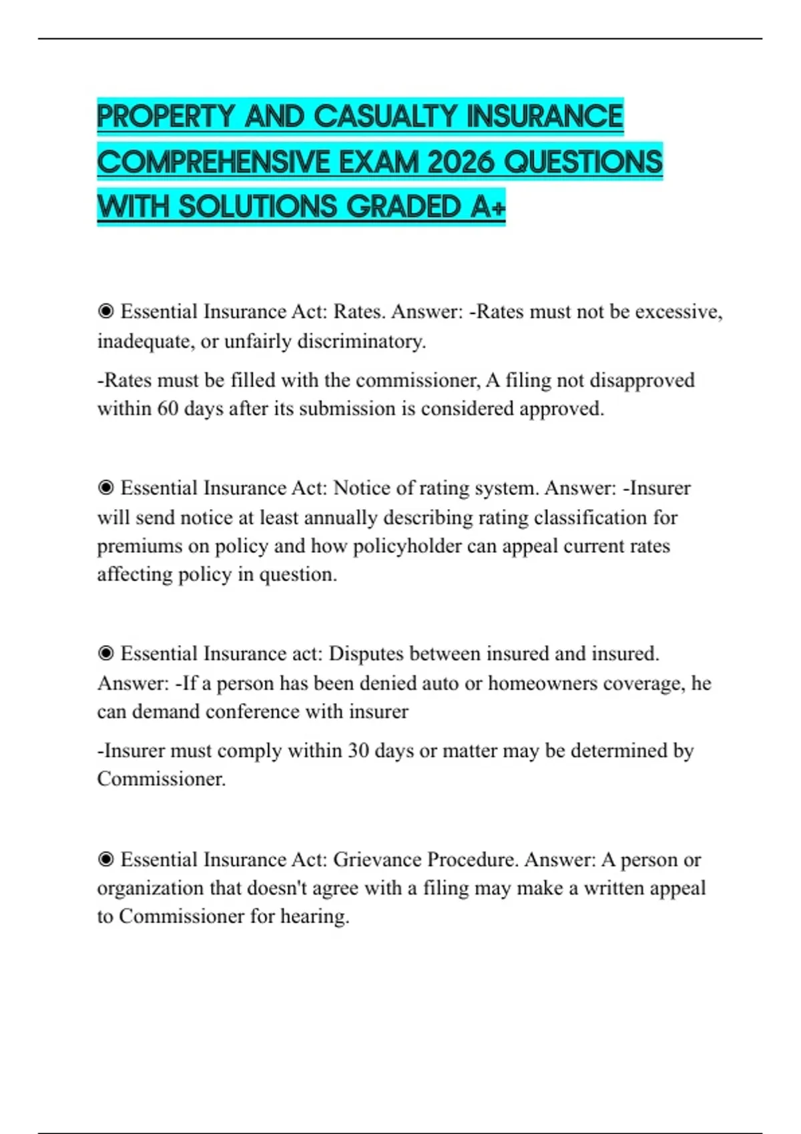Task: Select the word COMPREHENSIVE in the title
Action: point(214,162)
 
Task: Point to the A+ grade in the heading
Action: point(487,207)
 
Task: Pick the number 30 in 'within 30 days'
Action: point(358,750)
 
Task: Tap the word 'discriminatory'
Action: point(360,341)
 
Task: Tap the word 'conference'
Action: point(252,712)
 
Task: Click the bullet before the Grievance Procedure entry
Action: point(105,859)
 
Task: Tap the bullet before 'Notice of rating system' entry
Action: point(105,488)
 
